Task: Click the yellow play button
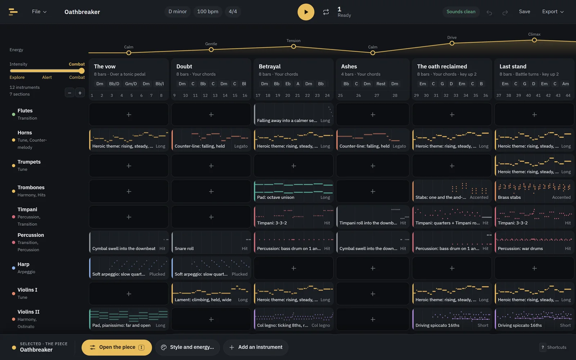click(306, 12)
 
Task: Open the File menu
click(39, 12)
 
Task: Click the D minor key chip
click(177, 12)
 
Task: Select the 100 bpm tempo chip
click(207, 12)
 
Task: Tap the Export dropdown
click(553, 12)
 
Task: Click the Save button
click(524, 12)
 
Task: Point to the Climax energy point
click(534, 40)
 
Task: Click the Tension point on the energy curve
click(293, 46)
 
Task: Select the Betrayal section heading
click(269, 66)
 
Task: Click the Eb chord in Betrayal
click(288, 84)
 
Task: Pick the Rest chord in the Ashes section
click(381, 84)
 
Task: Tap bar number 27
click(377, 95)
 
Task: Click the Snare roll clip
click(211, 242)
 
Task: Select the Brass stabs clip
click(534, 191)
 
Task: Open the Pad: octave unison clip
click(293, 191)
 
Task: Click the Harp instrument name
click(23, 264)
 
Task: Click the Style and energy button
click(188, 347)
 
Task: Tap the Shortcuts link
click(553, 347)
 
